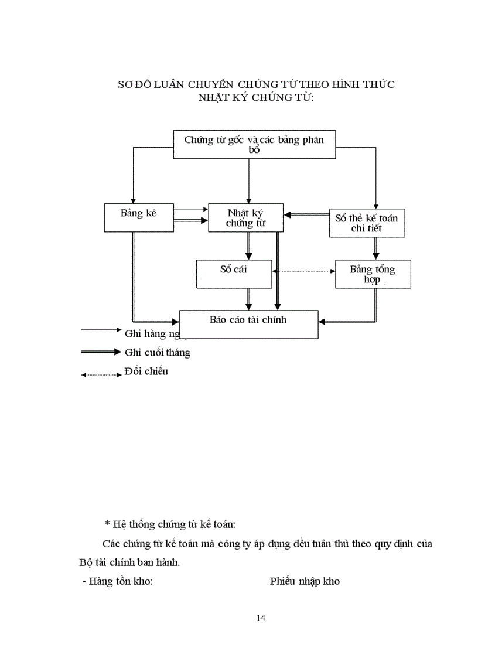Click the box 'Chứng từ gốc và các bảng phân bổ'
(255, 144)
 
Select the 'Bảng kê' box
(139, 217)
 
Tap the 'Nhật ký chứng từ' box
(246, 217)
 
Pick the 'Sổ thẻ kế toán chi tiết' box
(366, 223)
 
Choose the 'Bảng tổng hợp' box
(373, 274)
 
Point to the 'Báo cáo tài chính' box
(248, 324)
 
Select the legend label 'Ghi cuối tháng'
(158, 353)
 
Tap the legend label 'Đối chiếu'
(146, 371)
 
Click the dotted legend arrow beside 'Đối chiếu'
(101, 374)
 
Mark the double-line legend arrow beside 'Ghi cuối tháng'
(101, 352)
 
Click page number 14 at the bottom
(261, 618)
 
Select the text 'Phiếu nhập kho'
(305, 582)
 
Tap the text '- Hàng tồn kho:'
(117, 582)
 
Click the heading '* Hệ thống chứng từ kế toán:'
(173, 523)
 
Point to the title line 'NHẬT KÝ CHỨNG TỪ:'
(256, 97)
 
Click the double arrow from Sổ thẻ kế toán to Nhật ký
(306, 215)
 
